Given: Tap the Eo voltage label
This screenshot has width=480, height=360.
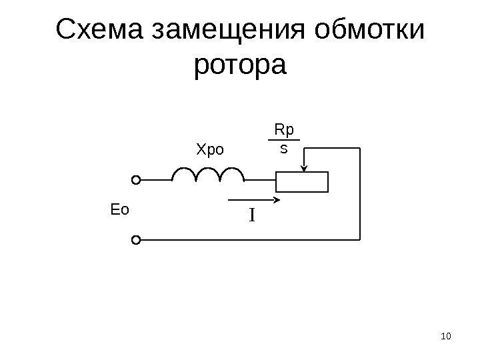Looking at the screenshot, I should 118,210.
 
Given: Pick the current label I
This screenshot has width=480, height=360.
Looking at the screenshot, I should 253,216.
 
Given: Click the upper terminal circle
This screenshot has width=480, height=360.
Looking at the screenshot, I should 136,180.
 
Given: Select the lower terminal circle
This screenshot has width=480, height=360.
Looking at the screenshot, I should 136,239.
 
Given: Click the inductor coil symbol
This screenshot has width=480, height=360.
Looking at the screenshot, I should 208,175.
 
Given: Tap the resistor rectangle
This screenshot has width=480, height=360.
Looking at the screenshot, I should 303,181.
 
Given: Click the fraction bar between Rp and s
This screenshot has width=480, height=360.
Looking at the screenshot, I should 283,140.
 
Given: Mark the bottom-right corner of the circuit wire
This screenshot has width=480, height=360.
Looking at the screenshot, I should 360,239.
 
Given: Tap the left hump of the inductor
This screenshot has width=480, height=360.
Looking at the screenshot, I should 184,175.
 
